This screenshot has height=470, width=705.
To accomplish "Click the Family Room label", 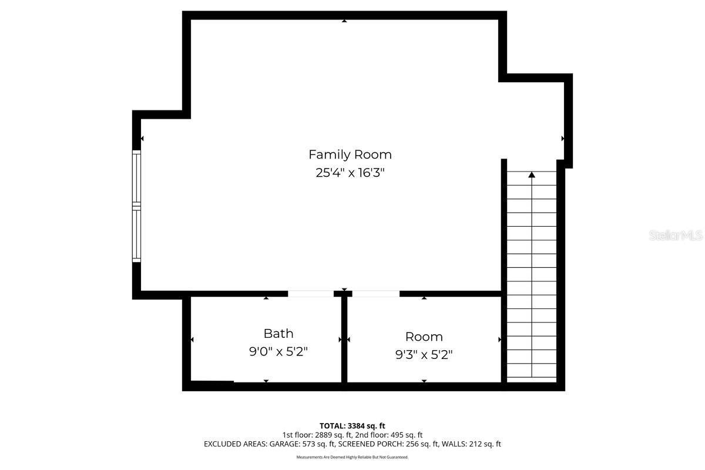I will [x=350, y=155].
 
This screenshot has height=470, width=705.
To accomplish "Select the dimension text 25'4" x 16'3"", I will [x=350, y=173].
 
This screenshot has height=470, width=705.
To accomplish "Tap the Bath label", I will [x=278, y=334].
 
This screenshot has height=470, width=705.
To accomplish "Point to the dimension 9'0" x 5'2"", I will [x=278, y=352].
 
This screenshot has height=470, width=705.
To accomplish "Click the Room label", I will [x=424, y=337].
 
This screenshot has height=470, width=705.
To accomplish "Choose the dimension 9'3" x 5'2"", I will [x=424, y=355].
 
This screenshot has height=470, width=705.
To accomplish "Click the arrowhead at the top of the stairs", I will [x=532, y=174].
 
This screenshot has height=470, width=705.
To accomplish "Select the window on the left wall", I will [x=136, y=206].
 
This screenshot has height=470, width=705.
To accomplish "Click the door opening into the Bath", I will [x=310, y=293].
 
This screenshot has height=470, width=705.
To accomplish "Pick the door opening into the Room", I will [x=375, y=293].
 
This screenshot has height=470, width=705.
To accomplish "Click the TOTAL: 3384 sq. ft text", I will [x=352, y=425].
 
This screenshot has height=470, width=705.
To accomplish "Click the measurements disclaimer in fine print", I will [x=352, y=457].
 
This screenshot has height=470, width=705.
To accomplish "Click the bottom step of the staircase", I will [x=532, y=371].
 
